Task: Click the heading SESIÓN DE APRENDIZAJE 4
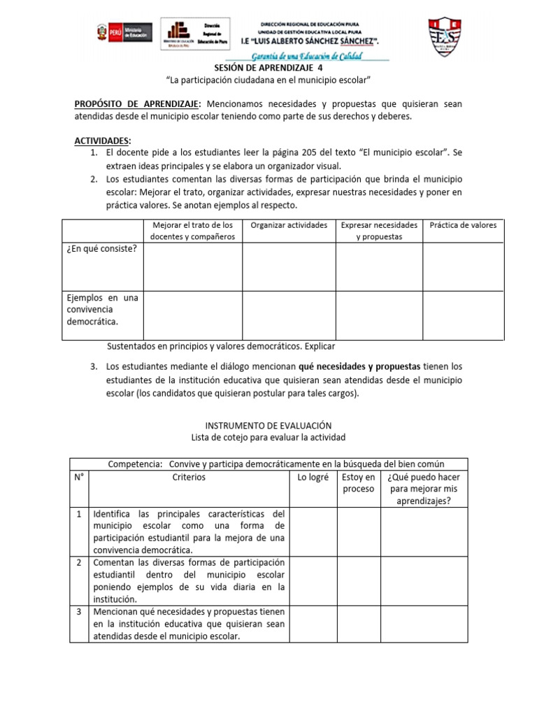(x=268, y=69)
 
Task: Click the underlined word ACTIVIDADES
(x=103, y=141)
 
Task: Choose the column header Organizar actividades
(x=289, y=225)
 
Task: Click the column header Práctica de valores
(x=463, y=225)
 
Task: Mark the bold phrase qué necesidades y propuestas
(x=359, y=366)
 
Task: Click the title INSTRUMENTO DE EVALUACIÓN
(x=268, y=425)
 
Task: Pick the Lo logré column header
(x=313, y=477)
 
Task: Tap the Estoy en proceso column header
(x=358, y=482)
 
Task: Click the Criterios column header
(x=189, y=477)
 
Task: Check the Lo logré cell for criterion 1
(x=313, y=531)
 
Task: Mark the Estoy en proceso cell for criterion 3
(x=358, y=624)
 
